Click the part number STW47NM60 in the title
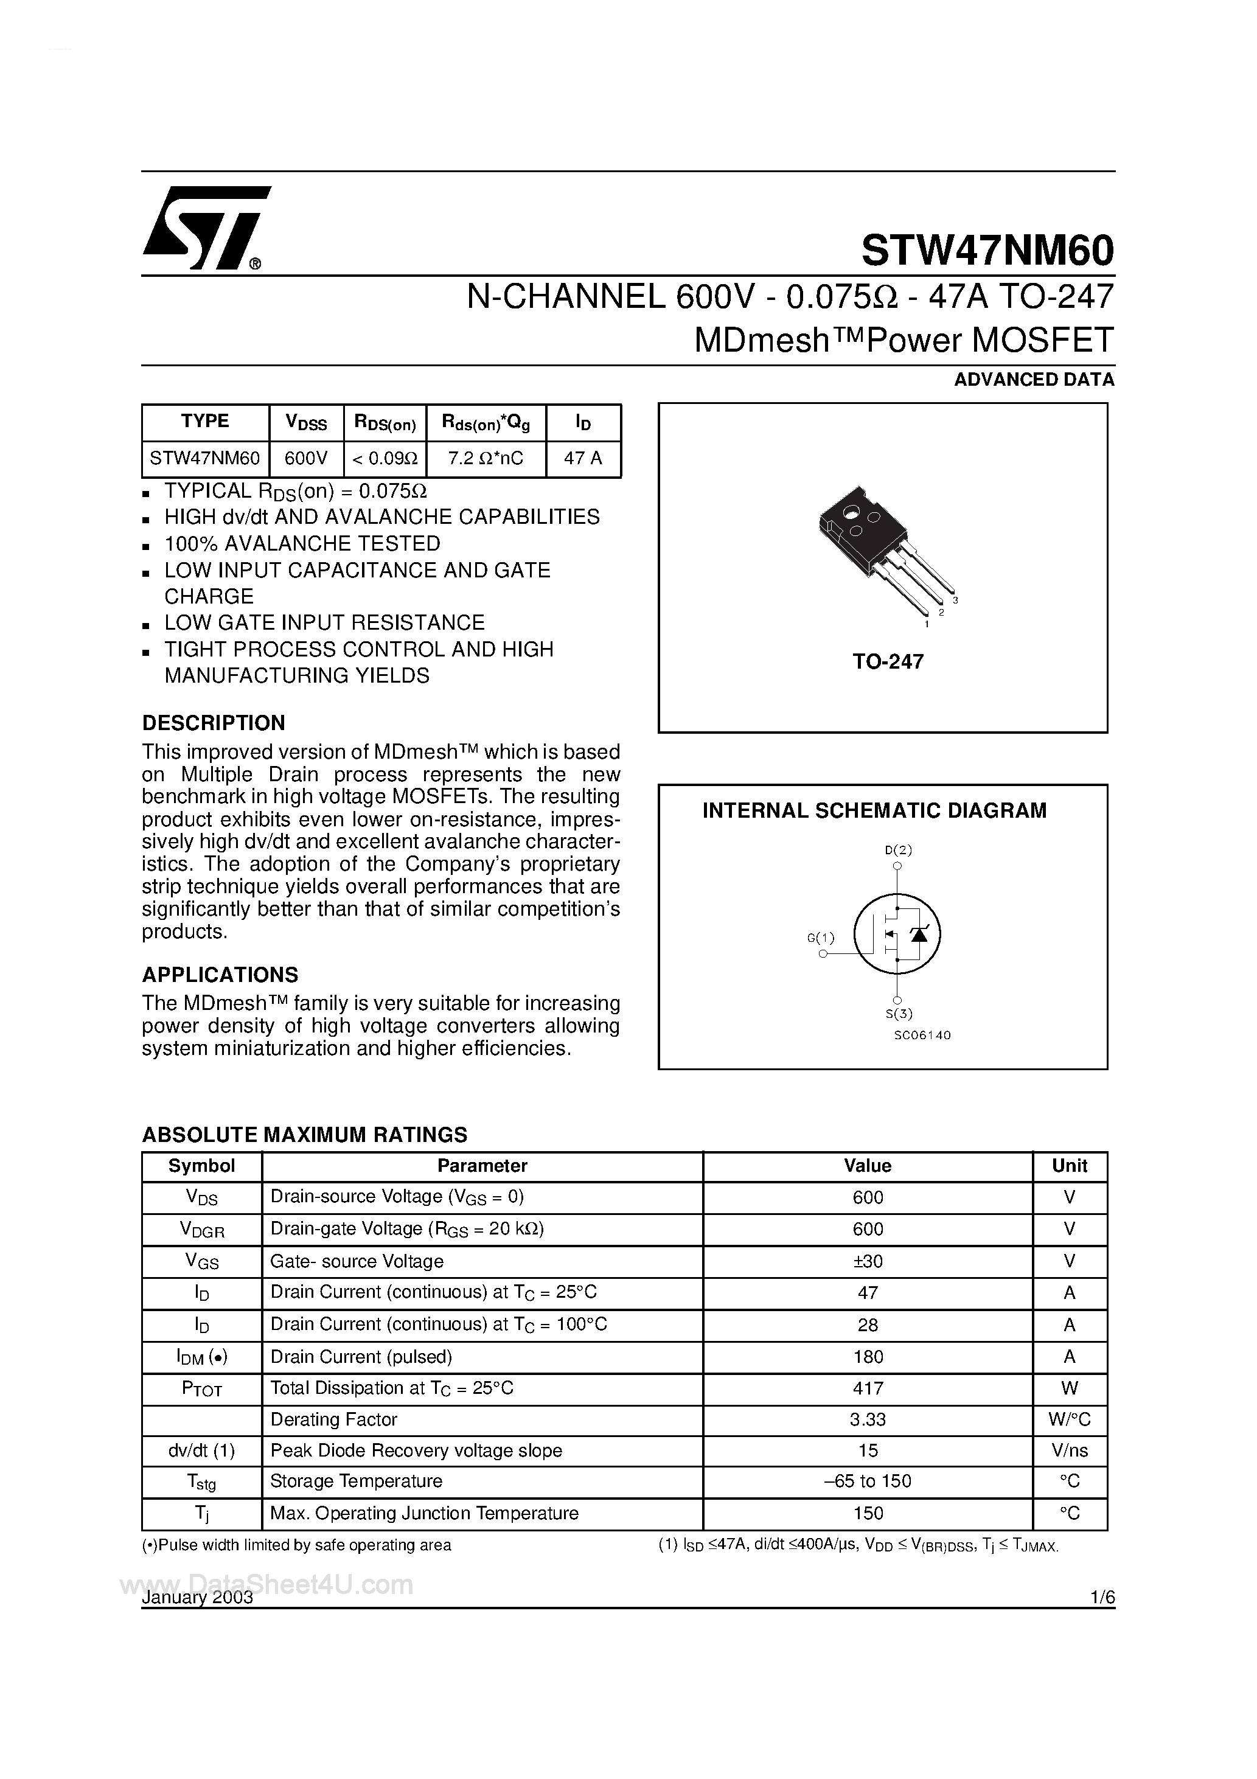(987, 250)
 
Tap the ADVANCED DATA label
(1034, 380)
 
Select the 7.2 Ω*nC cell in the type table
(486, 459)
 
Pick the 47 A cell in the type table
(583, 459)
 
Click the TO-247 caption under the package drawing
(888, 662)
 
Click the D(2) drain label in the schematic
(898, 849)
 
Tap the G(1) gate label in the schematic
(821, 938)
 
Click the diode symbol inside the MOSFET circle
(919, 935)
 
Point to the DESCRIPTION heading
(213, 723)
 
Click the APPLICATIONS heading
(220, 975)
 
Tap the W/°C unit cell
(1070, 1419)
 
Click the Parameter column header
(482, 1166)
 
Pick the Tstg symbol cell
(201, 1481)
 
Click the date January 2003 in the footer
(198, 1598)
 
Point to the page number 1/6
(1101, 1598)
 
